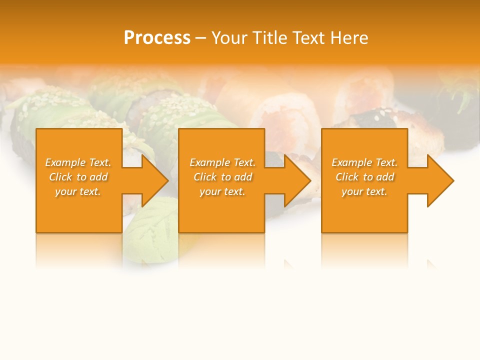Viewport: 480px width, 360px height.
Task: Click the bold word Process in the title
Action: (157, 37)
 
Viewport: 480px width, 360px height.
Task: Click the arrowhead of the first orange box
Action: (153, 180)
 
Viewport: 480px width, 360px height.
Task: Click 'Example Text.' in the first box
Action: (78, 162)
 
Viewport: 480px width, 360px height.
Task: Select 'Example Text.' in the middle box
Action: (222, 162)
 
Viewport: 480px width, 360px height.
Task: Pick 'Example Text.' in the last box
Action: (364, 162)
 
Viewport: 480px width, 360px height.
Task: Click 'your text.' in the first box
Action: (78, 191)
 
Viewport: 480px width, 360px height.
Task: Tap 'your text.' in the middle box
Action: (222, 191)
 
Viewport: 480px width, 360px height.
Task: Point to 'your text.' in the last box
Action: (364, 191)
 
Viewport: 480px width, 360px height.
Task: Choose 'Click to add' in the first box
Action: (78, 177)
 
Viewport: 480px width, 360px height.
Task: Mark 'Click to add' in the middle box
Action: (222, 177)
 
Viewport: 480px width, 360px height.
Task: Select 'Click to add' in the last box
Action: (364, 177)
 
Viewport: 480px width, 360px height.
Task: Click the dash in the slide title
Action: (200, 38)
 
